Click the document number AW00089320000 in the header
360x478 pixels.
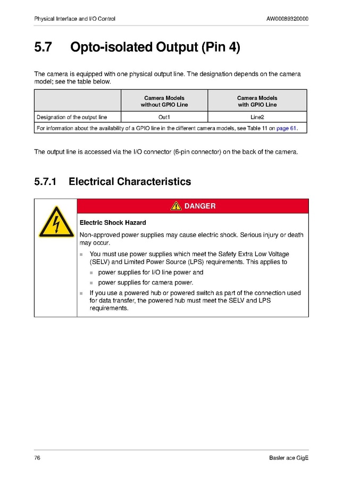tap(287, 19)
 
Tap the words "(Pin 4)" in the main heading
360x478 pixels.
tap(220, 47)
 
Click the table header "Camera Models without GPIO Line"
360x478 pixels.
tap(164, 101)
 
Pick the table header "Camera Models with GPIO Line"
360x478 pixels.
tap(257, 101)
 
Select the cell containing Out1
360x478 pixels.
tap(164, 117)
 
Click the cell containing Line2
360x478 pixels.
tap(257, 117)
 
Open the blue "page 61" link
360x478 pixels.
tap(286, 128)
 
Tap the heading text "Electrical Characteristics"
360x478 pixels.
tap(130, 182)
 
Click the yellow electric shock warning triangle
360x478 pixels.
tap(55, 222)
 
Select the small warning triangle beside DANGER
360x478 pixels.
tap(176, 206)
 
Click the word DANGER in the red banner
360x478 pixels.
tap(199, 206)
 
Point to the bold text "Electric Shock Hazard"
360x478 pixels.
tap(113, 222)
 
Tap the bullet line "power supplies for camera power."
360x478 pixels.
tap(145, 282)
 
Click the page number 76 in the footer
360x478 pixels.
tap(37, 458)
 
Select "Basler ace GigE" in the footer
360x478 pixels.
tap(289, 458)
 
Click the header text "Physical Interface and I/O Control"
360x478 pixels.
tap(74, 19)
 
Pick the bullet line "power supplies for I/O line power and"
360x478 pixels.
tap(150, 272)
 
